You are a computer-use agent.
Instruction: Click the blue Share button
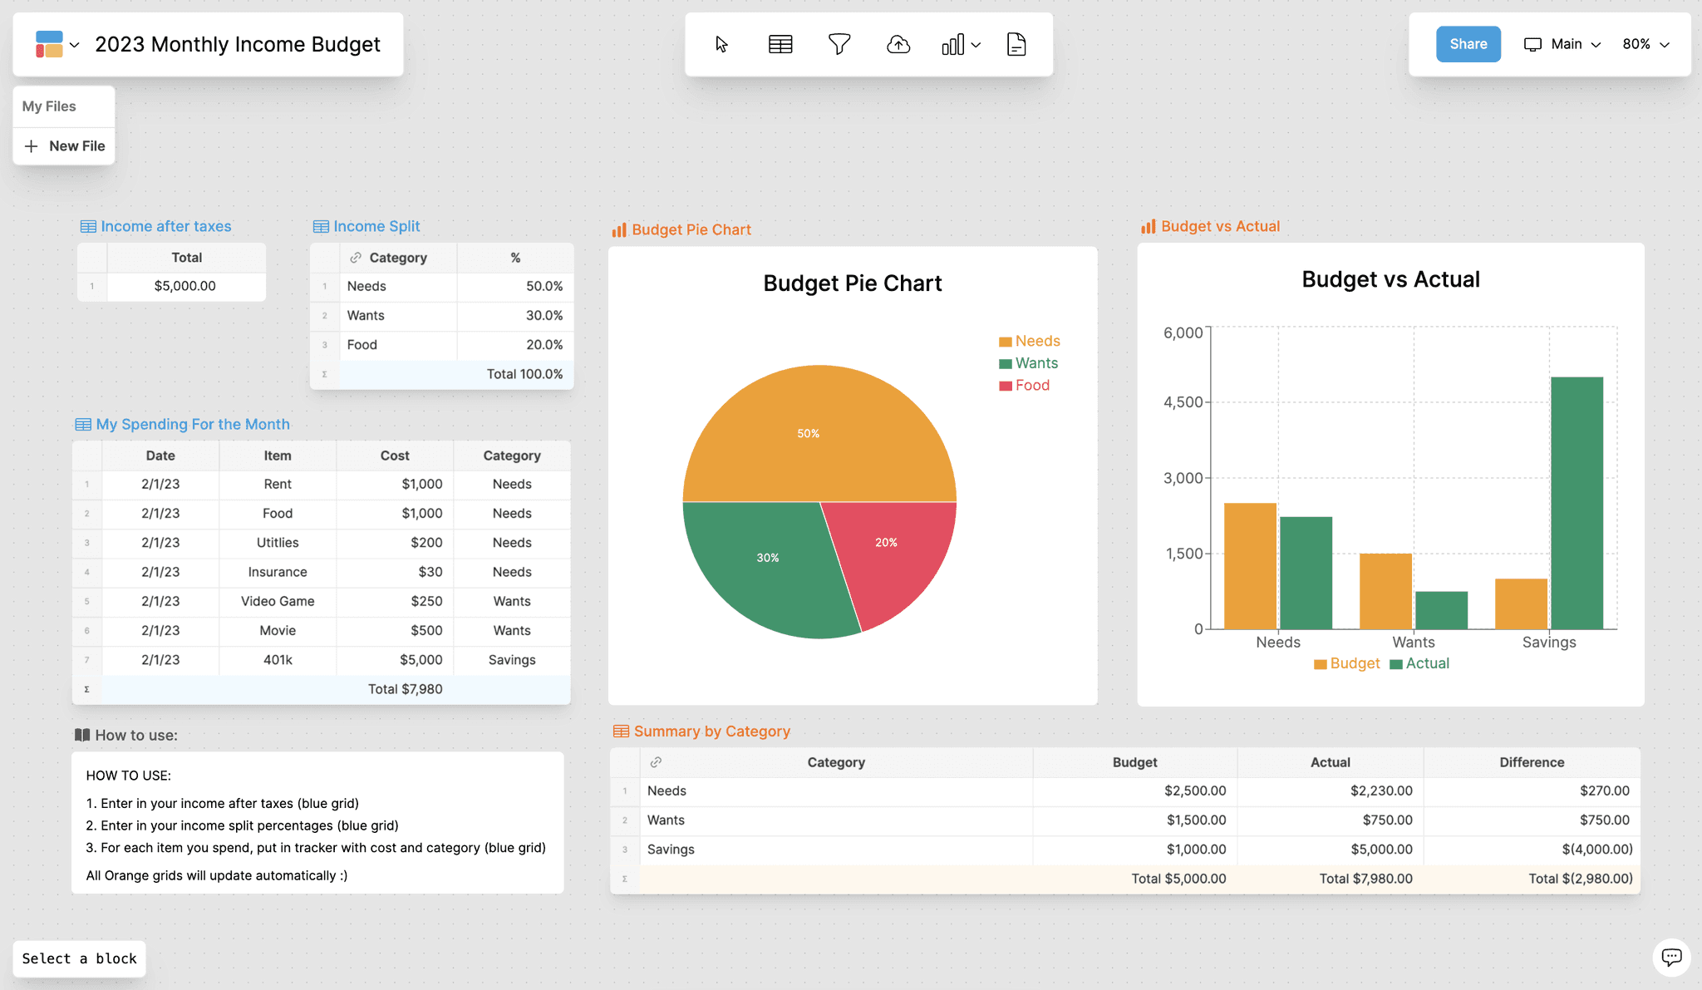[x=1468, y=44]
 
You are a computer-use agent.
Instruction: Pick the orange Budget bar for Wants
[x=1385, y=591]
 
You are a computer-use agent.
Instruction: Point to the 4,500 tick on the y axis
[x=1183, y=402]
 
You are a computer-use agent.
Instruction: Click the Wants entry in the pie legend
[x=1035, y=363]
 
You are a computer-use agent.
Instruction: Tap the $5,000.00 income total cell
[x=185, y=286]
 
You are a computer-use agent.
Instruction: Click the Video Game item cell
[x=278, y=601]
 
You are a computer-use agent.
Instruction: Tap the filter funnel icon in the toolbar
[x=839, y=44]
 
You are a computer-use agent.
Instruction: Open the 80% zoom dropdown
[x=1645, y=44]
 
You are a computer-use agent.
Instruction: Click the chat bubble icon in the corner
[x=1671, y=957]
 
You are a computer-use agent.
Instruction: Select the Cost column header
[x=395, y=456]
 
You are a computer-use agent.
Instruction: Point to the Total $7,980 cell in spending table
[x=405, y=689]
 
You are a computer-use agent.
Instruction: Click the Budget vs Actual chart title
[x=1390, y=279]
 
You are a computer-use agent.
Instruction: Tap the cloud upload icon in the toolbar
[x=898, y=44]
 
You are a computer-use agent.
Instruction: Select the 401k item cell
[x=278, y=660]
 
